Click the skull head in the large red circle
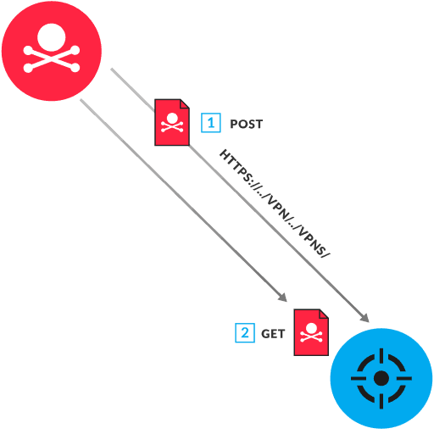[51, 36]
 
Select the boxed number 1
[210, 123]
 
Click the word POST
[247, 124]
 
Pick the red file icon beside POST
[171, 123]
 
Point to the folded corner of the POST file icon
[185, 105]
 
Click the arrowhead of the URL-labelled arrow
[366, 318]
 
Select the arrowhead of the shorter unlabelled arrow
[283, 298]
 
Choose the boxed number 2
[244, 333]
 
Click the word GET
[273, 334]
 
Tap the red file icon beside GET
[311, 332]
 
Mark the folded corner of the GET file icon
[324, 314]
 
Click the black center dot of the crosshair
[381, 378]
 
